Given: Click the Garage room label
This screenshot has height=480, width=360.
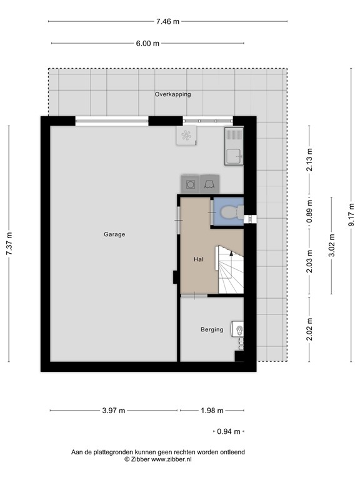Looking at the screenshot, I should (x=114, y=235).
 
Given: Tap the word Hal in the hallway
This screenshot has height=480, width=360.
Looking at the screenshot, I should (x=198, y=258).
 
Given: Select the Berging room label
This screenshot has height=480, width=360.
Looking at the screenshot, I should (x=212, y=329).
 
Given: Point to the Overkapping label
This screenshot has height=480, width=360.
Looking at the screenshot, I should (x=173, y=94).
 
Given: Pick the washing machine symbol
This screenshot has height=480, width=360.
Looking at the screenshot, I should (x=190, y=184).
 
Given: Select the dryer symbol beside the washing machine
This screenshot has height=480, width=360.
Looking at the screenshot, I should (x=209, y=184).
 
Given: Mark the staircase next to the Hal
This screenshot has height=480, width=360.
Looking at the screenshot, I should (x=229, y=270).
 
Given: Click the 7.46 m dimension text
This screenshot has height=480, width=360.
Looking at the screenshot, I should (x=167, y=21).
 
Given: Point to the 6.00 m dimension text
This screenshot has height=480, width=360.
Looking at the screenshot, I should (x=147, y=43).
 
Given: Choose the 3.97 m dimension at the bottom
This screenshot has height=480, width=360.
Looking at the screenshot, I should (x=113, y=411).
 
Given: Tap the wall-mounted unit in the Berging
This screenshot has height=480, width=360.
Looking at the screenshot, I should (x=239, y=329).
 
